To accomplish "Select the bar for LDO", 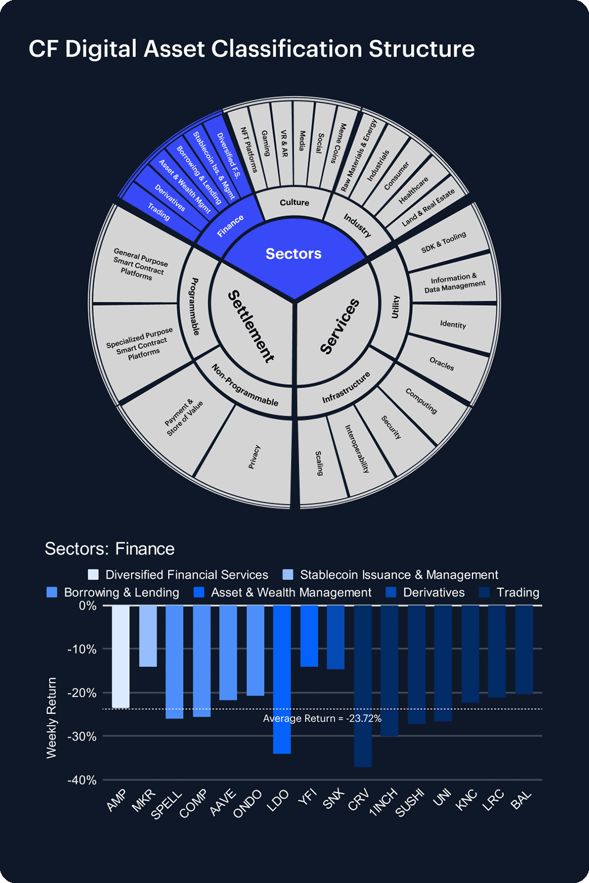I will pos(282,679).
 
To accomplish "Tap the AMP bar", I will pos(121,656).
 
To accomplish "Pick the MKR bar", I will pos(148,636).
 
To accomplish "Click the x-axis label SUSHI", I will pos(410,803).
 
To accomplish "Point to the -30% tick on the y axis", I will pos(82,736).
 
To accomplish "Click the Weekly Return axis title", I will pos(52,718).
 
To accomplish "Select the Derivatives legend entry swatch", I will pos(391,593).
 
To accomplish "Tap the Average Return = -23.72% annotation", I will pos(322,719).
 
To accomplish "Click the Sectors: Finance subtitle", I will pos(110,549).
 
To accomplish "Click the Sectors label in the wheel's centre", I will pos(293,253).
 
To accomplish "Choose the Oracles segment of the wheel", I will pos(442,364).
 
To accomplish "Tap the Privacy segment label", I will pos(254,457).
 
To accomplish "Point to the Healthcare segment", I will pos(413,190).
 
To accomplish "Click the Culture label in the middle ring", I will pos(294,203).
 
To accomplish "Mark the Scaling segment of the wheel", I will pos(320,463).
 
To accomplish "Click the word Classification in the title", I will pos(287,49).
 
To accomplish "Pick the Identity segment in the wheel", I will pos(453,324).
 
